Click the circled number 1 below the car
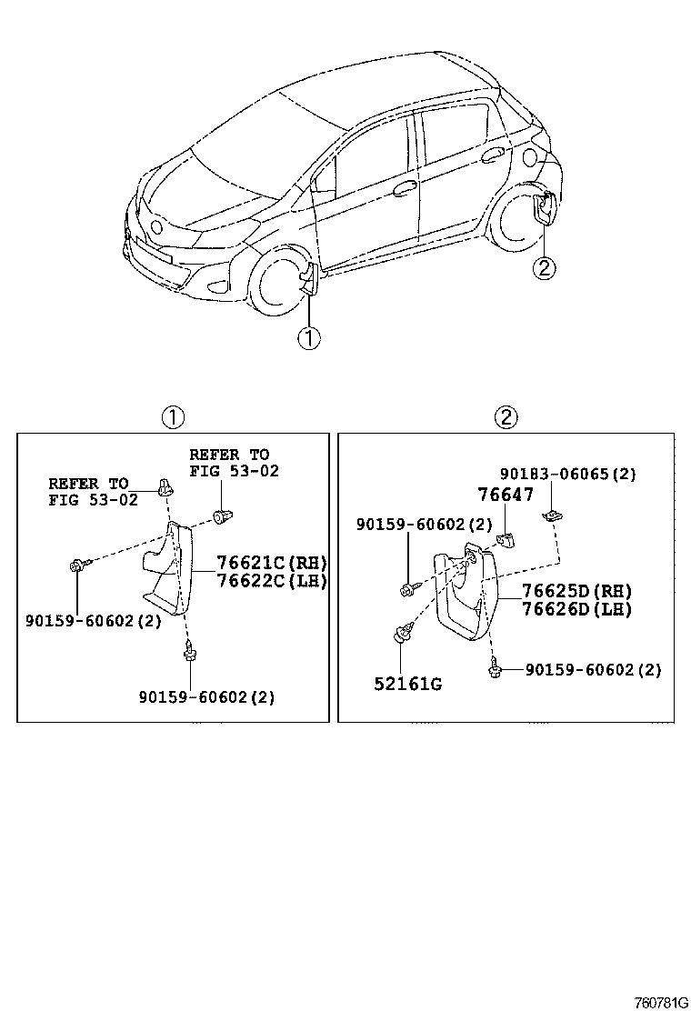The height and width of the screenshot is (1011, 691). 308,338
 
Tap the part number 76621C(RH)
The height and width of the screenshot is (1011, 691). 270,562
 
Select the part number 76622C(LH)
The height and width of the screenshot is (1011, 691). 270,581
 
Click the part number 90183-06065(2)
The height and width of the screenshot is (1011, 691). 568,474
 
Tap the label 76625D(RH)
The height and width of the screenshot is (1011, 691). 576,591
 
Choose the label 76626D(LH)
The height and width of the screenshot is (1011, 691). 576,609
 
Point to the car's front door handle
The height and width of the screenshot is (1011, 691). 404,189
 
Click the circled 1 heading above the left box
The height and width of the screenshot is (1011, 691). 173,417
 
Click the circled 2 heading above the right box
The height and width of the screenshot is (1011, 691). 506,417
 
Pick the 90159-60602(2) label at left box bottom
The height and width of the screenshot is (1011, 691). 206,697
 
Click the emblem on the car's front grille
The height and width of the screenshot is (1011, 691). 155,226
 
